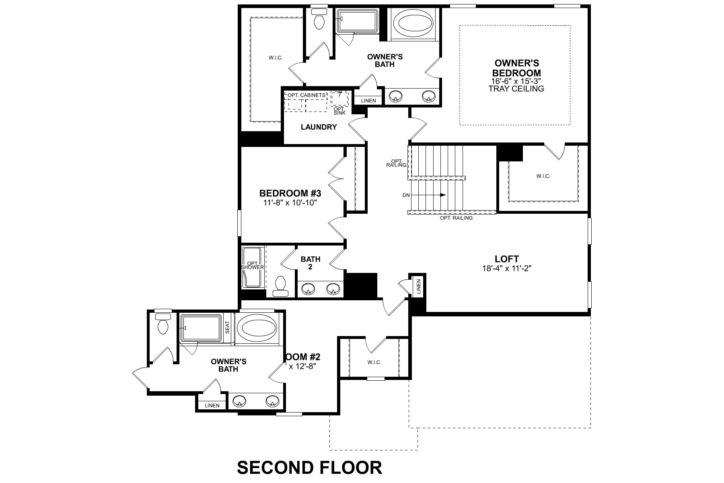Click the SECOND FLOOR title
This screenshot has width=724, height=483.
309,468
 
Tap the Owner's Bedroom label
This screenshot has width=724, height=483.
516,68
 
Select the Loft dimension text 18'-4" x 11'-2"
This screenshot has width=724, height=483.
507,268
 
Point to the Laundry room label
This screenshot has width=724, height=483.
319,127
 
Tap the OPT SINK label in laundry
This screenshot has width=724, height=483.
339,111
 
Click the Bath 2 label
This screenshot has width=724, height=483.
311,262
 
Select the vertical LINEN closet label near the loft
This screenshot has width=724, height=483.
418,286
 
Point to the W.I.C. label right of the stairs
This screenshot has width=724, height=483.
543,176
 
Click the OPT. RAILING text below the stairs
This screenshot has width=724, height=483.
456,218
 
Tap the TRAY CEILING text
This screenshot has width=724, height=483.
516,89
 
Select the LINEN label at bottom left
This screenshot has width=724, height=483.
212,405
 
